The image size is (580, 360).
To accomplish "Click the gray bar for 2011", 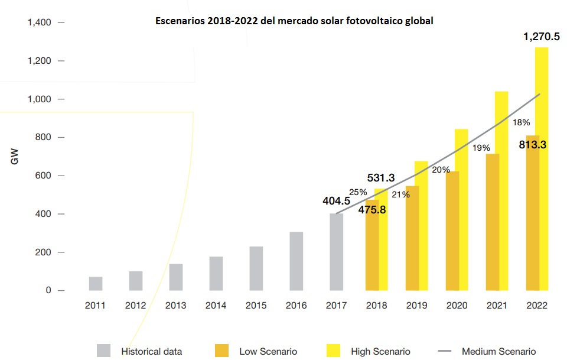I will click(96, 284).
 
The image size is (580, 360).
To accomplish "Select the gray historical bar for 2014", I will click(216, 274).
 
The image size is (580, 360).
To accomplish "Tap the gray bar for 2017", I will click(337, 252).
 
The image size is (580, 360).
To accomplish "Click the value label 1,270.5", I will click(541, 37).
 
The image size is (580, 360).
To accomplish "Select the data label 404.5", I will click(337, 201).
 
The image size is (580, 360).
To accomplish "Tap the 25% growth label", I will click(358, 192).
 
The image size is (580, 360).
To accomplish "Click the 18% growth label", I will click(522, 122).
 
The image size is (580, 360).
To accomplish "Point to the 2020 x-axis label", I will click(457, 306).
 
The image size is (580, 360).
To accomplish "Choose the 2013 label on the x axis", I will click(175, 306).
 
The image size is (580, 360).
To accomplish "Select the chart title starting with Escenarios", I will click(294, 21).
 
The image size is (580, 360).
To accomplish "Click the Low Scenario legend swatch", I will click(222, 351).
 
